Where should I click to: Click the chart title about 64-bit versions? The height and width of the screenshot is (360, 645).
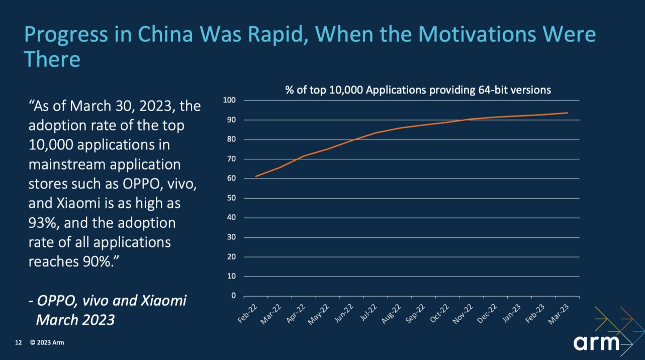(418, 91)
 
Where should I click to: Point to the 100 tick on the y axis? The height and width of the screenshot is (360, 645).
(229, 101)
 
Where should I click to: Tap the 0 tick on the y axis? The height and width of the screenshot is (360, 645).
(233, 296)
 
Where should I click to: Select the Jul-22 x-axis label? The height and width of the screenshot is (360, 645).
(372, 313)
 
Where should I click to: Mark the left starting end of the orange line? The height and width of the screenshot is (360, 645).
(256, 176)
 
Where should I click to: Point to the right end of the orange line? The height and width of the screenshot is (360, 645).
(568, 113)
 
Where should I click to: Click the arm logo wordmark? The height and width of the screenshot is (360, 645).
(596, 343)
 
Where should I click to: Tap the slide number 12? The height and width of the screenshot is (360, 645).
(19, 343)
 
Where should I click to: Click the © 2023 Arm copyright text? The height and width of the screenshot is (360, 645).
(47, 343)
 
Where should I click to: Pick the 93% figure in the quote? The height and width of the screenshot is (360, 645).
(44, 222)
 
